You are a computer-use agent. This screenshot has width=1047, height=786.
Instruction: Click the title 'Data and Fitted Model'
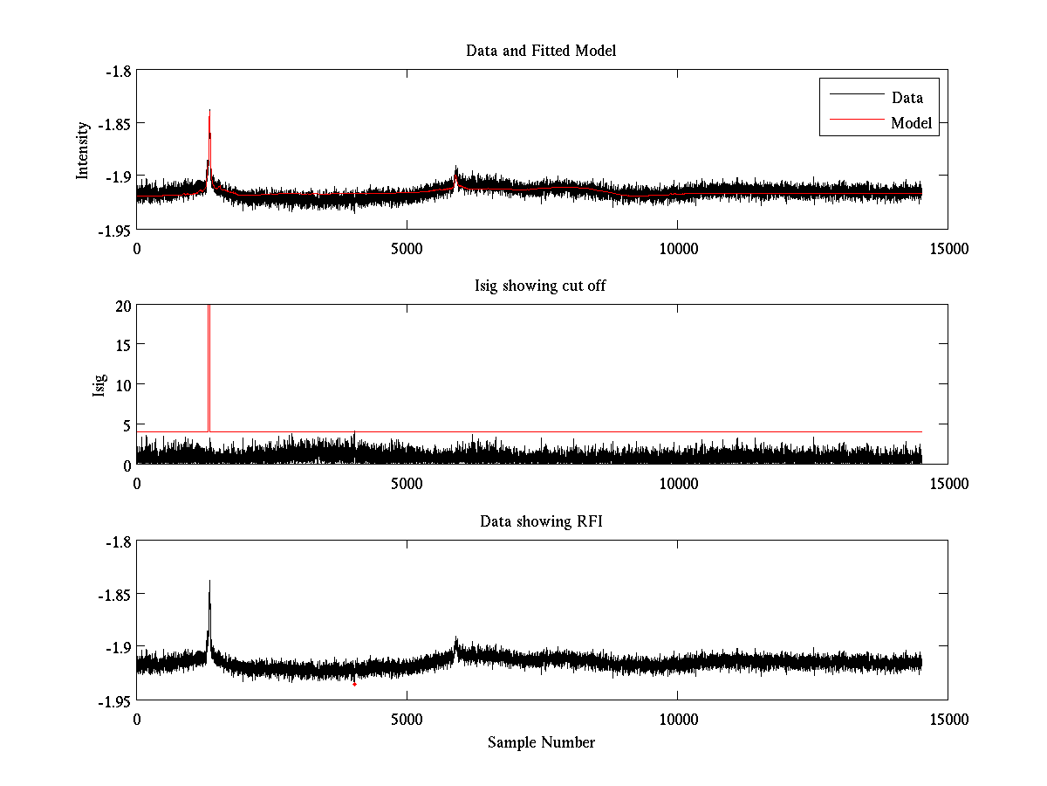click(x=541, y=51)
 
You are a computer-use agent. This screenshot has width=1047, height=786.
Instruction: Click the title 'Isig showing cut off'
click(x=541, y=286)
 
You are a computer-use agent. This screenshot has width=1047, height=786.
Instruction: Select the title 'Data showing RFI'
click(x=541, y=521)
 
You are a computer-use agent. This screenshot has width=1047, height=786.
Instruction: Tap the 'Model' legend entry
click(x=911, y=123)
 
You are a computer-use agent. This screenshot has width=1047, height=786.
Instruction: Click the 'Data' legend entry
click(x=907, y=98)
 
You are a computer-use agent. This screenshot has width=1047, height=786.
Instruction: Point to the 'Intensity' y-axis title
click(x=83, y=150)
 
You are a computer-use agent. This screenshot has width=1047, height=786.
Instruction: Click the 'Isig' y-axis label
click(x=100, y=384)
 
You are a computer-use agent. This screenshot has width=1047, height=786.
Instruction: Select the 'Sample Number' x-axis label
click(x=541, y=742)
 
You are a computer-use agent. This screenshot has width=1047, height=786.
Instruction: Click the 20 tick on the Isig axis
click(x=120, y=305)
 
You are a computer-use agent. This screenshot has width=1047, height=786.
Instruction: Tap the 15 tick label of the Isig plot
click(x=120, y=345)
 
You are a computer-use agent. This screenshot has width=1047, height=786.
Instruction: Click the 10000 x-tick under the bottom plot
click(x=678, y=720)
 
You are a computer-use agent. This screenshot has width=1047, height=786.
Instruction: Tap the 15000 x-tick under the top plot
click(x=948, y=249)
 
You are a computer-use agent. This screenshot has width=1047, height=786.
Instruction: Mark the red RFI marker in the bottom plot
click(x=354, y=685)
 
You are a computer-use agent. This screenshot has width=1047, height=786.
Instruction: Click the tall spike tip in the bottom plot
click(x=209, y=581)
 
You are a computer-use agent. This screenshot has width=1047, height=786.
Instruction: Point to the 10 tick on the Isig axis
click(x=120, y=384)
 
